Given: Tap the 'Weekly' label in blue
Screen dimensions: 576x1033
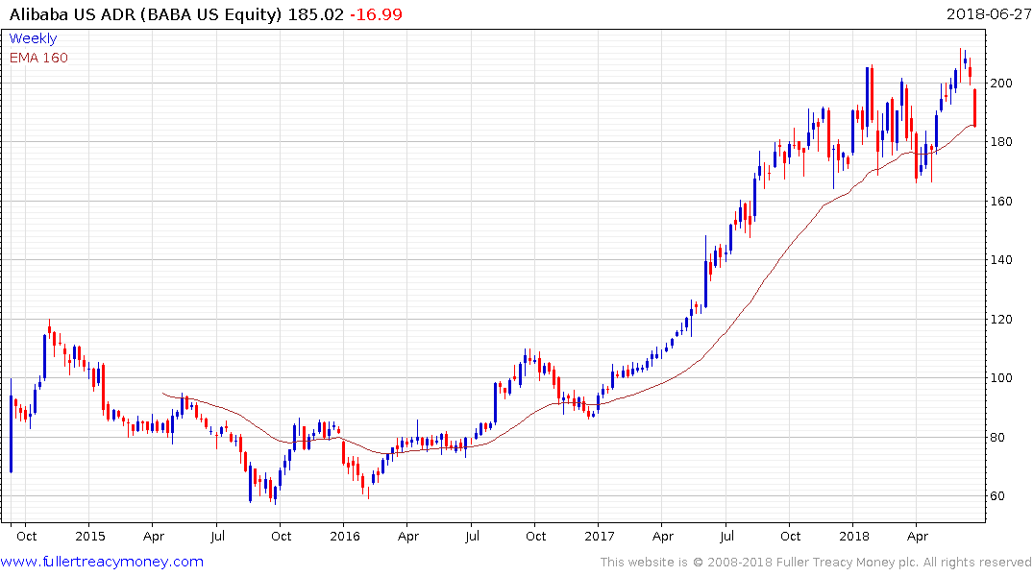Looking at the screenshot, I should pos(33,38).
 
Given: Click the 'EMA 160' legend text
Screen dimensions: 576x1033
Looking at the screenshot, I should pos(38,58).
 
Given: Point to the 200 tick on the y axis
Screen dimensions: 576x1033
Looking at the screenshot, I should pos(1004,84).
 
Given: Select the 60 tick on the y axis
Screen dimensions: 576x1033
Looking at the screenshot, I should pos(1000,496).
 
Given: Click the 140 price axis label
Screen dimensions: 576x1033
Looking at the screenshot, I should pos(1004,260).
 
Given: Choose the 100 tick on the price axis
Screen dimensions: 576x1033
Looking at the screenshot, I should pos(1004,378).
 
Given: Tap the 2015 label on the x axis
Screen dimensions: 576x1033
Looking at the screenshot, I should pos(89,535).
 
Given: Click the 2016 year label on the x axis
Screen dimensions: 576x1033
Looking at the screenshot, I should pos(344,535).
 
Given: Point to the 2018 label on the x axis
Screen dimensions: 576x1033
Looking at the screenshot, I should pos(853,535).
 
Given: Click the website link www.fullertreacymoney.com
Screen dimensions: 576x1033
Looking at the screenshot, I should pos(104,562).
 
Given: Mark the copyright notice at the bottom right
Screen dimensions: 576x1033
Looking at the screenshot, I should pos(816,562).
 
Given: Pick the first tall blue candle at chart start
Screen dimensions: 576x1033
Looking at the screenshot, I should pos(11,433).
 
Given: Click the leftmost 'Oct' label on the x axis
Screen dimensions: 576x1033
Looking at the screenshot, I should pos(26,535).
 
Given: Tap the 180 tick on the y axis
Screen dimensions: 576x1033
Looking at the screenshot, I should pos(1004,142).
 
